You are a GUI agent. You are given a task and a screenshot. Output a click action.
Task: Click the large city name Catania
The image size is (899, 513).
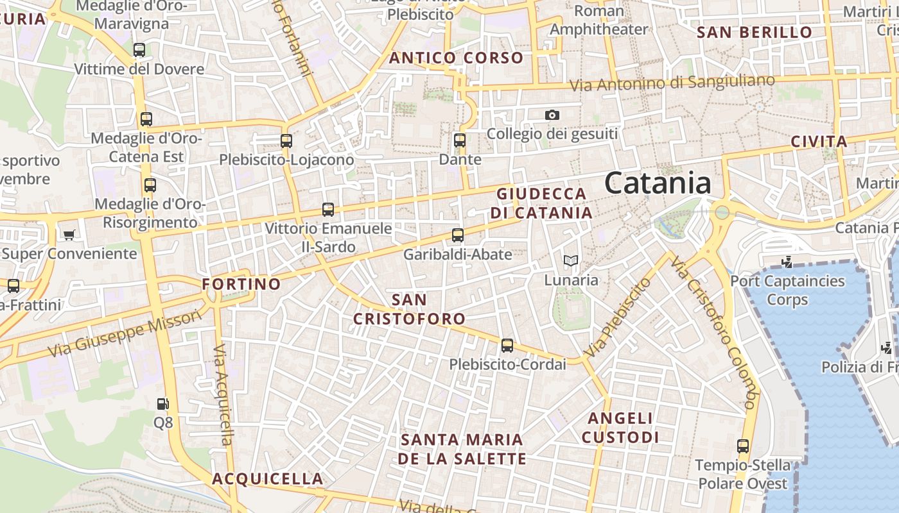pos(658,183)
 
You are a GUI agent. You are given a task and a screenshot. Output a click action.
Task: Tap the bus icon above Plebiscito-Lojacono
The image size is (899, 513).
pos(286,140)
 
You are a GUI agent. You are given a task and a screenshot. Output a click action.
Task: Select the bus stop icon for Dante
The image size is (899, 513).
pos(459,140)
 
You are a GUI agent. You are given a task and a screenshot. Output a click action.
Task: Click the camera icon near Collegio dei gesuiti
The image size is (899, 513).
pos(552,115)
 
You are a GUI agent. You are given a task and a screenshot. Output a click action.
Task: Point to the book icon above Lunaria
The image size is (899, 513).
pos(571,260)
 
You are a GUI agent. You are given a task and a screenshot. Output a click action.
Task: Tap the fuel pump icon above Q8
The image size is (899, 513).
pos(163,403)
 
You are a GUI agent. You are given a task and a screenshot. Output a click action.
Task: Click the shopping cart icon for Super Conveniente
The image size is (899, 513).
pos(69,235)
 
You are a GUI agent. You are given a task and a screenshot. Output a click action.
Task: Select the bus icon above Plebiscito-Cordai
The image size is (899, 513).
pos(507,346)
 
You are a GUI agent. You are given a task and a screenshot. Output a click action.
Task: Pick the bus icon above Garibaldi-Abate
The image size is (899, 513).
pos(457,235)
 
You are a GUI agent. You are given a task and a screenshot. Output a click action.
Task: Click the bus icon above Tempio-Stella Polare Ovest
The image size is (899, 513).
pos(743,446)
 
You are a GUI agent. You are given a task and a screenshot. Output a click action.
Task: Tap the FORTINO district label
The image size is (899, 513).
pos(241,283)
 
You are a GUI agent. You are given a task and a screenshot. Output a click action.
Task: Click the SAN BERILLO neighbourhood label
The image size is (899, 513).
pos(755,32)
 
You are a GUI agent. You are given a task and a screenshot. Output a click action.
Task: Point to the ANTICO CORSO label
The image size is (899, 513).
pos(456,58)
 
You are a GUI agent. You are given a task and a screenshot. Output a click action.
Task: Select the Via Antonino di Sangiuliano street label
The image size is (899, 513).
pos(672,83)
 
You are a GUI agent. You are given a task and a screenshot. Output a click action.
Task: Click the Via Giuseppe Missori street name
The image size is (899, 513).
pos(125,334)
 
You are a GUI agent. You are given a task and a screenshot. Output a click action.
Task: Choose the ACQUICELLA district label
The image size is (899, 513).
pos(268,478)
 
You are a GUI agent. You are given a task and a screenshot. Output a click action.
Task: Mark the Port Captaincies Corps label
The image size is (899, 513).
pos(787,290)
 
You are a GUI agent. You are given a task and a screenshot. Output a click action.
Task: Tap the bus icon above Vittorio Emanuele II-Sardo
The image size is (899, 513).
pos(328,209)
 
